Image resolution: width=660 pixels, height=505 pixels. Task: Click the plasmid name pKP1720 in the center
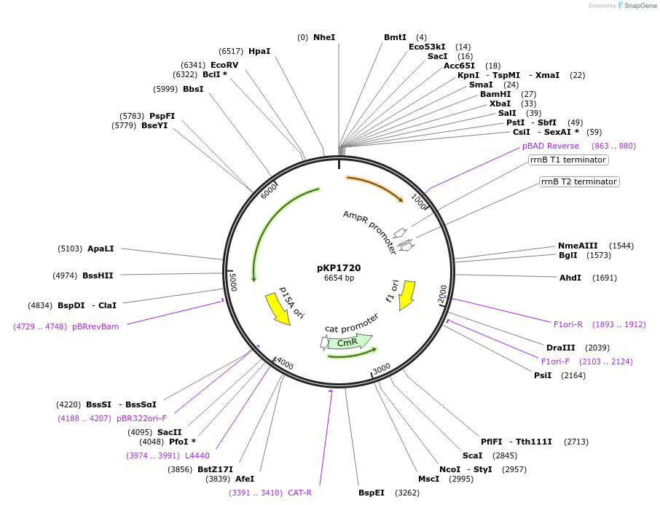(x=339, y=267)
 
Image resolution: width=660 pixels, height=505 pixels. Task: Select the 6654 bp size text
(x=339, y=278)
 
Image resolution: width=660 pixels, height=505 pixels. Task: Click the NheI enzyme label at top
(x=324, y=37)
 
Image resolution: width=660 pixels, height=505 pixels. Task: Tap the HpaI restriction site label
(x=259, y=51)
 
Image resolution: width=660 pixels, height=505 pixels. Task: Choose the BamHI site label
(x=495, y=94)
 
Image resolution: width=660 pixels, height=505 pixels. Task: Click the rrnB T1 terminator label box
(x=568, y=160)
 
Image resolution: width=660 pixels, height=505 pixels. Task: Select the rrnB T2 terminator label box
(x=579, y=181)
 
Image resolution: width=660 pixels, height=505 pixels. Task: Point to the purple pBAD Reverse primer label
(x=551, y=146)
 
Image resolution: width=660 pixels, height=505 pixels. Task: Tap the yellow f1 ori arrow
(x=406, y=294)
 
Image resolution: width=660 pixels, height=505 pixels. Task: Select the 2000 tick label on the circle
(x=442, y=294)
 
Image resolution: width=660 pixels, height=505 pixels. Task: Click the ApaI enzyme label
(x=101, y=248)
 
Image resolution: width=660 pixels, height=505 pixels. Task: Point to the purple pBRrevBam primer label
(x=95, y=326)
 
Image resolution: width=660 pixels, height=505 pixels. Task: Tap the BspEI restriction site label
(x=372, y=493)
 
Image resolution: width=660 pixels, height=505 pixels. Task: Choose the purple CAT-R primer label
(x=299, y=493)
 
